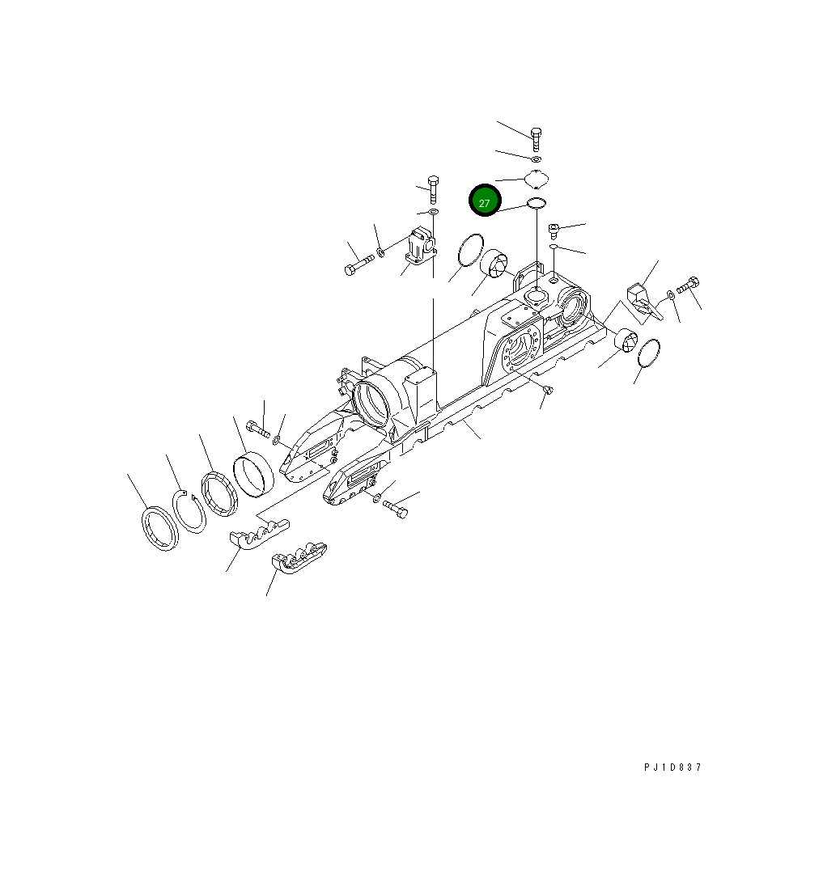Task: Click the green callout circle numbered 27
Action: [x=485, y=201]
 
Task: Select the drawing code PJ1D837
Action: [x=672, y=767]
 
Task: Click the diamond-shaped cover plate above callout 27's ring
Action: [x=537, y=178]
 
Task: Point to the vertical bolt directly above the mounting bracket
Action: [x=433, y=187]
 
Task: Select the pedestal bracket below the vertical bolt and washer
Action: [x=421, y=246]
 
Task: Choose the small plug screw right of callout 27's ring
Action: [x=554, y=230]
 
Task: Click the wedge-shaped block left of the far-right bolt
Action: [x=642, y=296]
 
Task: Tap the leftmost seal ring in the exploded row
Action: [x=160, y=529]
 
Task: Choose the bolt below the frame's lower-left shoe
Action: [x=395, y=509]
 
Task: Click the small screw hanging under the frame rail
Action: [x=547, y=391]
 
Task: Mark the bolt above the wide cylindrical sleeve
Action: [x=257, y=429]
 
